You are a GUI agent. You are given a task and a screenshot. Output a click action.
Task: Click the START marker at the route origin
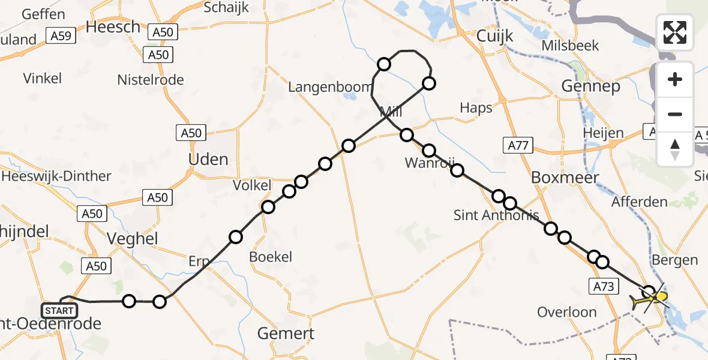click(59, 310)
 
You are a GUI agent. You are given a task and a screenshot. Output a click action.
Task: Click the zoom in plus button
click(675, 79)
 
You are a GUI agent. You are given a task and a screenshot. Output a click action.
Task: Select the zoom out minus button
click(675, 114)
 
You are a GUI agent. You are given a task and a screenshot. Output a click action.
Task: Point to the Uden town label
click(208, 160)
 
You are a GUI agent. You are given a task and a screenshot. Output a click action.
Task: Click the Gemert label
click(286, 333)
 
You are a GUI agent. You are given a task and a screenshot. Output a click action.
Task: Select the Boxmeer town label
click(565, 178)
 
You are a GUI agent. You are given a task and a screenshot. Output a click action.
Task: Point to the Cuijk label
click(495, 36)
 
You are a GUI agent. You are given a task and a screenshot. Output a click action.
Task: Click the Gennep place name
click(591, 86)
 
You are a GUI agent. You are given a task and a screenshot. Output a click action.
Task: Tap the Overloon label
click(567, 312)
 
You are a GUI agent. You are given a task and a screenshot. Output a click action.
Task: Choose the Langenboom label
click(330, 87)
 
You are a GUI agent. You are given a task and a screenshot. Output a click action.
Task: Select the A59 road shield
click(61, 36)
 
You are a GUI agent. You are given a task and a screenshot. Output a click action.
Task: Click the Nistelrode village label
click(151, 80)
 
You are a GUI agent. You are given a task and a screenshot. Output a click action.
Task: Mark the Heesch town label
click(113, 27)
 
